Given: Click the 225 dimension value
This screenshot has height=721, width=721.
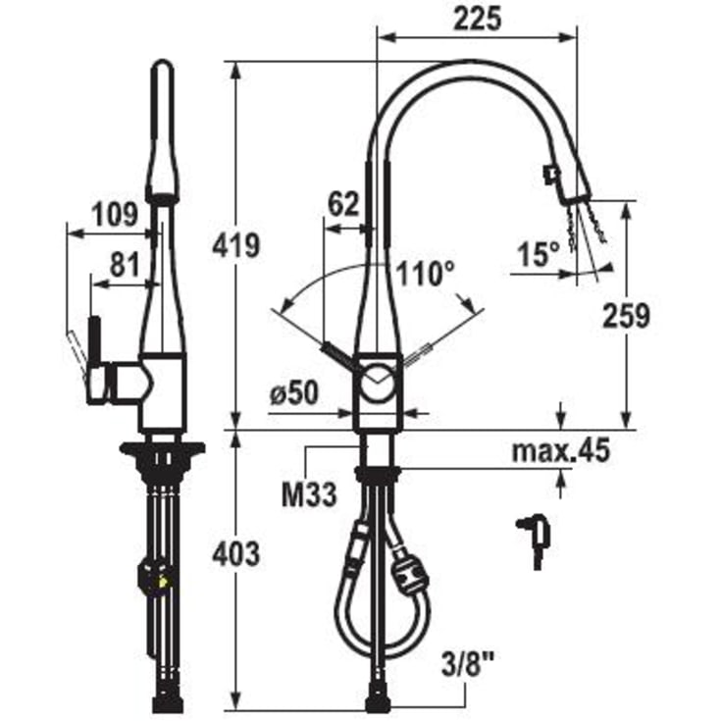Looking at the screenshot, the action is (x=477, y=20).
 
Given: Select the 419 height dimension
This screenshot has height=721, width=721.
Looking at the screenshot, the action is (x=235, y=245).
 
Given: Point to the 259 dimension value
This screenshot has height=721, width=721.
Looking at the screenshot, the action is (x=626, y=316).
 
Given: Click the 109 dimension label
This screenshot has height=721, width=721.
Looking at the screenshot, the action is (x=115, y=214).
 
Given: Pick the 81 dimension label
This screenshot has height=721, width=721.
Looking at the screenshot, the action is (x=125, y=265).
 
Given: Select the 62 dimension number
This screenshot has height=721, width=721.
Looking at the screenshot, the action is (x=343, y=204).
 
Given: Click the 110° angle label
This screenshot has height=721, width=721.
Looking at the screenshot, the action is (x=426, y=273).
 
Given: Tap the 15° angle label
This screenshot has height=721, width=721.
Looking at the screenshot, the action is (x=539, y=254).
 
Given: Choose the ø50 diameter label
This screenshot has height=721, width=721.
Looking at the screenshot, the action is (x=294, y=393).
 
